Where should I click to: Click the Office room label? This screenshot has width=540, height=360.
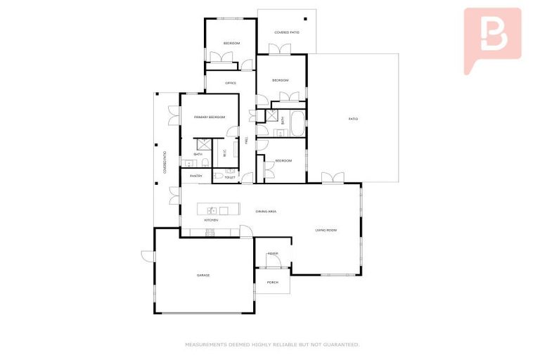point(230,83)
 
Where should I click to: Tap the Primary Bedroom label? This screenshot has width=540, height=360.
point(210,117)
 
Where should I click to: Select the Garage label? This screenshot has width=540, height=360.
point(203,275)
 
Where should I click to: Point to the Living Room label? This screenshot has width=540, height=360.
point(327,230)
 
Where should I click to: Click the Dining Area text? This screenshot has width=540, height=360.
point(247,210)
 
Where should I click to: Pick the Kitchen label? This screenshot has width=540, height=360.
point(211,220)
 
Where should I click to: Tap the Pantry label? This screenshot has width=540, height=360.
point(196,176)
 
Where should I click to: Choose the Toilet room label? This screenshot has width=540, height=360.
point(230,177)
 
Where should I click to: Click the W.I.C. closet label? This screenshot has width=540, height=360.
point(224,153)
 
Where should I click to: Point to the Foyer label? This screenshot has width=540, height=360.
point(273,253)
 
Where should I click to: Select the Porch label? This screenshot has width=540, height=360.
point(273,283)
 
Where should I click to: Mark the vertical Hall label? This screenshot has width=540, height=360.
point(247,140)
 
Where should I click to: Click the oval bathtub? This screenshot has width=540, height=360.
point(297,125)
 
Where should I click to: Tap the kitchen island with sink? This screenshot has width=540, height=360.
point(214,210)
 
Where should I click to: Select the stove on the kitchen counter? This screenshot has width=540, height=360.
point(209,233)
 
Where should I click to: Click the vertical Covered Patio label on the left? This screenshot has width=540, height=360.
point(165,162)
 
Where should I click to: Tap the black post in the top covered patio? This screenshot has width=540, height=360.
point(305,19)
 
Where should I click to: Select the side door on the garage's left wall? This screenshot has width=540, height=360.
point(146,256)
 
